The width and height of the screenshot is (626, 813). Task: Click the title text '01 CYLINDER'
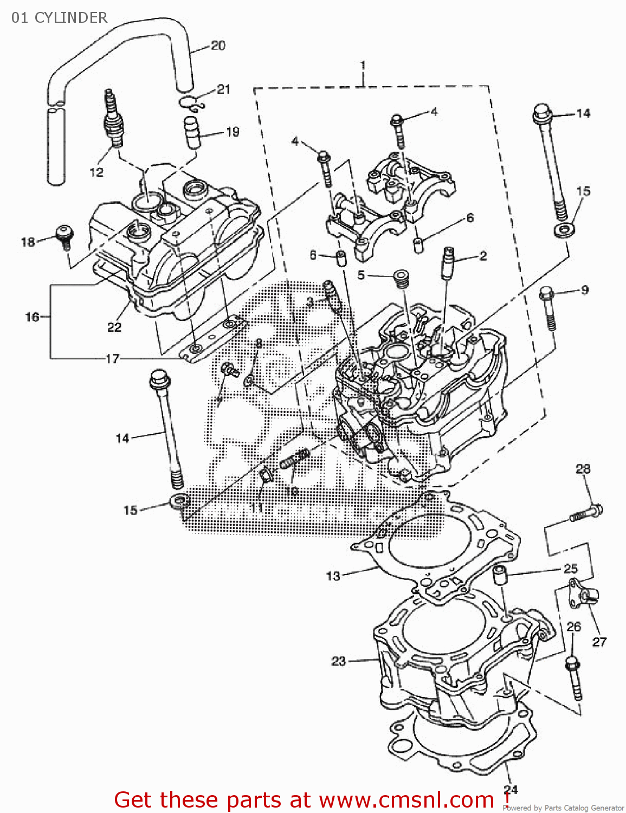59,17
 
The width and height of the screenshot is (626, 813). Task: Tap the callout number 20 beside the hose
218,46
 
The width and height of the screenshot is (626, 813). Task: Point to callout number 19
233,132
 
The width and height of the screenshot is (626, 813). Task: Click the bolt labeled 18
64,237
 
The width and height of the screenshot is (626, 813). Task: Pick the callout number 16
32,317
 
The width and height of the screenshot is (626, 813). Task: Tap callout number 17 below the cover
112,359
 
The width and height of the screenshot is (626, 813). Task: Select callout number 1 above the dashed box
363,65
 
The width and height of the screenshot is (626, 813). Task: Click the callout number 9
584,290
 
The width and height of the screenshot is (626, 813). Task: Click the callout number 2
482,256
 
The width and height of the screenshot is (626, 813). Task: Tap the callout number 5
361,275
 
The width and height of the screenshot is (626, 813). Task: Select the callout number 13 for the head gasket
333,576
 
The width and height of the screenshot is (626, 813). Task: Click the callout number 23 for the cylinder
338,661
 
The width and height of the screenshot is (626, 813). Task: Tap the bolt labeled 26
574,677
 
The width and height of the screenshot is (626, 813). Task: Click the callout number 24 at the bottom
511,789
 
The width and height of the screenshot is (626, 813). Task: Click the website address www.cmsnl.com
406,800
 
